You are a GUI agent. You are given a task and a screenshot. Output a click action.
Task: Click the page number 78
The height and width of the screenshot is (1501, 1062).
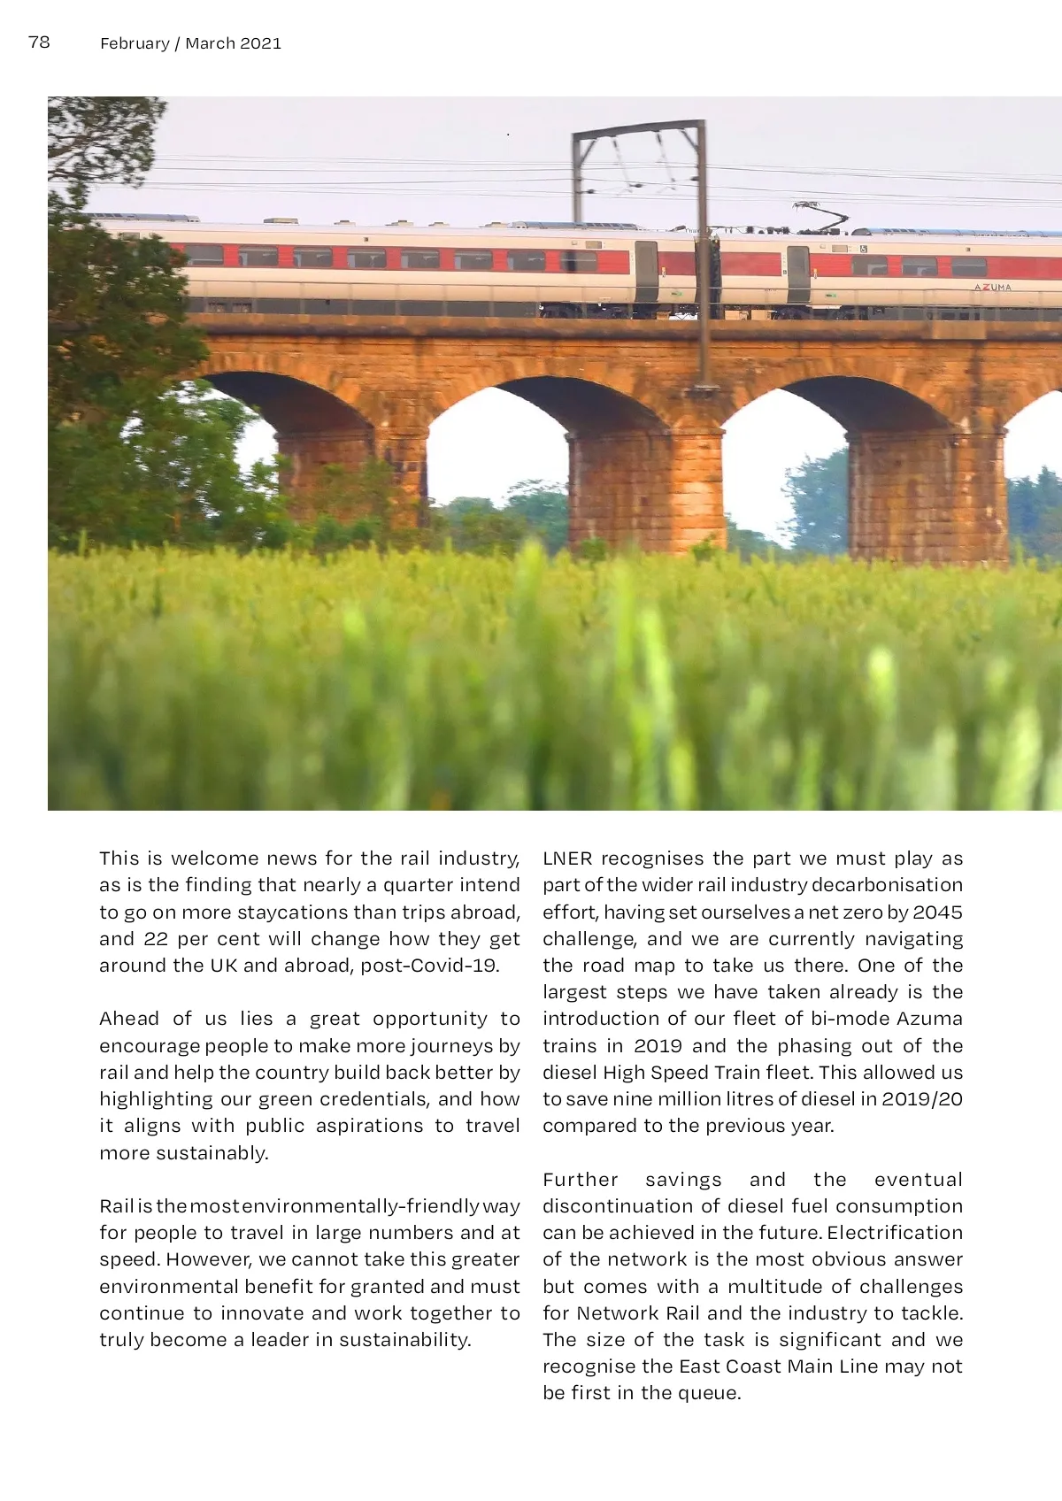coord(39,42)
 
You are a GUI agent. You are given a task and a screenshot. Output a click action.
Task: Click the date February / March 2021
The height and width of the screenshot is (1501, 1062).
coord(190,43)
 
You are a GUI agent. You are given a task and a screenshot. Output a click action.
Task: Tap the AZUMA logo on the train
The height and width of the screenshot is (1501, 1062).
coord(992,288)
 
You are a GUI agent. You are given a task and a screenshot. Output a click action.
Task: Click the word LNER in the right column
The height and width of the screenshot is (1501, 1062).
coord(567,858)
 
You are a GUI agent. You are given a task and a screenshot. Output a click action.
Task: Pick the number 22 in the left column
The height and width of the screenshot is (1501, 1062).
coord(156,939)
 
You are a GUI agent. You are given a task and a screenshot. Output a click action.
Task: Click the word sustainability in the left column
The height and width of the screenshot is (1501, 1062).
coord(404,1340)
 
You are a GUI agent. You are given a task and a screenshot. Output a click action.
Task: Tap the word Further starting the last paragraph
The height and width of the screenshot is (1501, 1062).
coord(580,1180)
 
